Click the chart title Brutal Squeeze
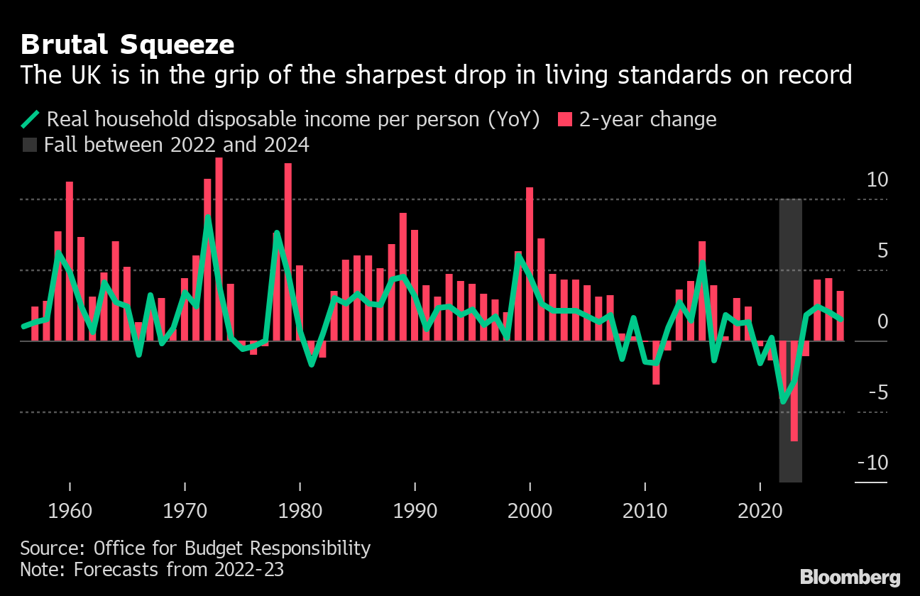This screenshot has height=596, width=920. (127, 45)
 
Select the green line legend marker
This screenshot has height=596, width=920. (31, 119)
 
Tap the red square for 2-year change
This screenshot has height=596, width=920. (564, 119)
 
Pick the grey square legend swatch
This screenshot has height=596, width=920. (30, 145)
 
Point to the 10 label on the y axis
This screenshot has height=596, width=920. (877, 180)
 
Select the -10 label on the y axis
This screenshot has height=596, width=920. (872, 463)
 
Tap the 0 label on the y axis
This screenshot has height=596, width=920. (882, 322)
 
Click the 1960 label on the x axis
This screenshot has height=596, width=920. (70, 510)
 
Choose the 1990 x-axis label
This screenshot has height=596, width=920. (415, 510)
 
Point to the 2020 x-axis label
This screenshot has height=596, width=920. (760, 510)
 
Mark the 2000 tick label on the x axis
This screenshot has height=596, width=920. (530, 510)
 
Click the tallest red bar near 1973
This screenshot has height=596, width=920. (219, 248)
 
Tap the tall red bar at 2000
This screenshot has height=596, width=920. (530, 263)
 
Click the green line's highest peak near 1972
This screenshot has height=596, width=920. (207, 217)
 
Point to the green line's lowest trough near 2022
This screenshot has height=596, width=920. (783, 402)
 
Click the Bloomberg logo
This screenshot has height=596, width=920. (850, 577)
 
